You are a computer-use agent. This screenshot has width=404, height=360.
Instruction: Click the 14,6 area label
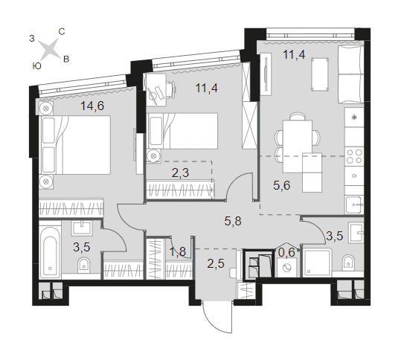pyautogui.click(x=92, y=106)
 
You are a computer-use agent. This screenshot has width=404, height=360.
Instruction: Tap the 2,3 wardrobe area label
pyautogui.click(x=180, y=173)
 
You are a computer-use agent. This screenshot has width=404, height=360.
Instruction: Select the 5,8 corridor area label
pyautogui.click(x=233, y=221)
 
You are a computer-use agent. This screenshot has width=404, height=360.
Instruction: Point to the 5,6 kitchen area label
pyautogui.click(x=282, y=185)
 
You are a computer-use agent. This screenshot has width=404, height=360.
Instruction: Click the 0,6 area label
pyautogui.click(x=286, y=252)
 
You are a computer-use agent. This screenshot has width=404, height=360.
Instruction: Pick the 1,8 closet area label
pyautogui.click(x=178, y=251)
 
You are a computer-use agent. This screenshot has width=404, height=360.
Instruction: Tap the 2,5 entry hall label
pyautogui.click(x=216, y=264)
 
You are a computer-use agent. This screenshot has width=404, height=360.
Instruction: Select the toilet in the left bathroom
pyautogui.click(x=84, y=264)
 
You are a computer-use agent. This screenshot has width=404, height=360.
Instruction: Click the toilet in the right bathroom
pyautogui.click(x=348, y=262)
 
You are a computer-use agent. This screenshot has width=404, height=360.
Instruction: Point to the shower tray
pyautogui.click(x=317, y=262)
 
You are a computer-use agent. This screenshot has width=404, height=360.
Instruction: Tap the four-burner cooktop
pyautogui.click(x=354, y=156)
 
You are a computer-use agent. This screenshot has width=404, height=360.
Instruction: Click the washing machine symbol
pyautogui.click(x=286, y=268)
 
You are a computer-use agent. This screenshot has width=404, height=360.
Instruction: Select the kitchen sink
pyautogui.click(x=355, y=205)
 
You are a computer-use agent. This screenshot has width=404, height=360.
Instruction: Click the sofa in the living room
pyautogui.click(x=351, y=74)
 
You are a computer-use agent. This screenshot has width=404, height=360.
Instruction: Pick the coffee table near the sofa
pyautogui.click(x=320, y=74)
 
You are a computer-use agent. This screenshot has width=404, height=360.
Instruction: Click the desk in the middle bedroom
pyautogui.click(x=156, y=89)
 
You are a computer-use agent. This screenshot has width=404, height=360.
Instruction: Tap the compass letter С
pyautogui.click(x=62, y=32)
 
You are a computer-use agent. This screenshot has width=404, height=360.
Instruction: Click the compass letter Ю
pyautogui.click(x=37, y=66)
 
